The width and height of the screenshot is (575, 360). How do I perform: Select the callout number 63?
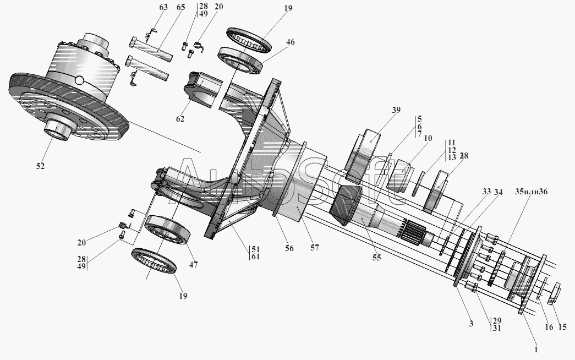pyautogui.click(x=148, y=8)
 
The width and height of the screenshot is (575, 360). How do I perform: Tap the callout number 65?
pyautogui.click(x=166, y=8)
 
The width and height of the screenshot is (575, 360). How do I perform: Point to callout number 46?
pyautogui.click(x=291, y=42)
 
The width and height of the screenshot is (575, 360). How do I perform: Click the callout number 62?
pyautogui.click(x=180, y=119)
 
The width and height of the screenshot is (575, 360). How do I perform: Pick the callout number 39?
pyautogui.click(x=396, y=110)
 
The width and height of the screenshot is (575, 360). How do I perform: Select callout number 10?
pyautogui.click(x=428, y=138)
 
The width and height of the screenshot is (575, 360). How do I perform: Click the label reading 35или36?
pyautogui.click(x=531, y=192)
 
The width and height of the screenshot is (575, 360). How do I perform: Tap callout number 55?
pyautogui.click(x=376, y=257)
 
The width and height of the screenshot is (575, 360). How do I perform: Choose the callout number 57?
pyautogui.click(x=314, y=248)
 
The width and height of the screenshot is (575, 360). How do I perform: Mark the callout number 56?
pyautogui.click(x=290, y=248)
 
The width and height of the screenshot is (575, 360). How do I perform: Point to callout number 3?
pyautogui.click(x=471, y=324)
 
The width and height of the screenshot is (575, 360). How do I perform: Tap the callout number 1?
pyautogui.click(x=537, y=348)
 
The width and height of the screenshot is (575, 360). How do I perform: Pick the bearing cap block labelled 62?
pyautogui.click(x=205, y=89)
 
